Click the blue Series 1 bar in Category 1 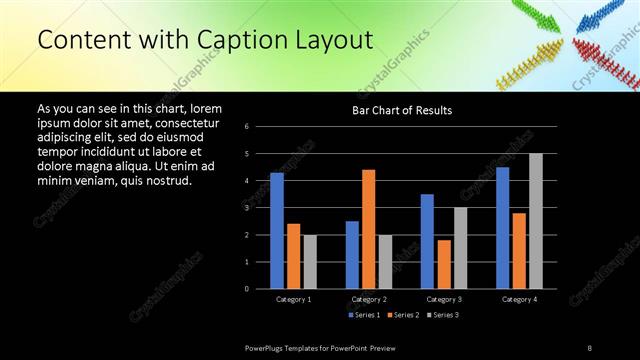(x=277, y=230)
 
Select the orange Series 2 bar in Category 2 (x=369, y=229)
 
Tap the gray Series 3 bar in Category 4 (x=536, y=221)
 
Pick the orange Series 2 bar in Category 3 (x=444, y=264)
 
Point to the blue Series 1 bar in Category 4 (x=502, y=228)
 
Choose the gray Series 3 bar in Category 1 (x=310, y=261)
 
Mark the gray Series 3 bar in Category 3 (x=460, y=248)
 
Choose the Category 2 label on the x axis (x=369, y=299)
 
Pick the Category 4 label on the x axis (x=519, y=299)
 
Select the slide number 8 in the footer (x=590, y=347)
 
